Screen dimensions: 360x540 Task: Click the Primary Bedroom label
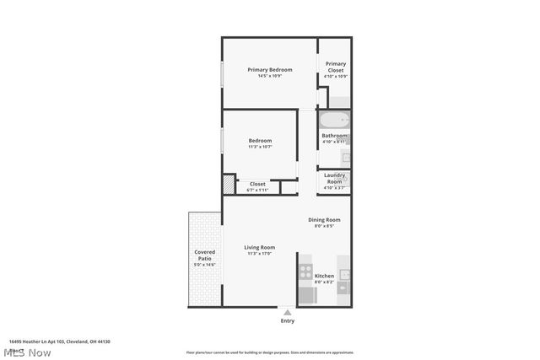click(270, 69)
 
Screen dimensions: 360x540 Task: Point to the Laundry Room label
click(335, 179)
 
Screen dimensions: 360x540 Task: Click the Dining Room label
click(324, 220)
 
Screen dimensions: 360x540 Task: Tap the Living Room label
click(260, 247)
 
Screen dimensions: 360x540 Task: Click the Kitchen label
click(324, 276)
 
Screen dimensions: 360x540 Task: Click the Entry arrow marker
click(288, 312)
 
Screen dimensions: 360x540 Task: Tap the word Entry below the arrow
click(288, 321)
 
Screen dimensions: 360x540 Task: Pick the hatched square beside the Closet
click(229, 183)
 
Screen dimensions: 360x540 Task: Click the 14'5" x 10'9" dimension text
click(270, 77)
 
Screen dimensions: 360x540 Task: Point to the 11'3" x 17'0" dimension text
click(260, 254)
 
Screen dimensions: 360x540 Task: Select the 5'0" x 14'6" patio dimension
click(205, 265)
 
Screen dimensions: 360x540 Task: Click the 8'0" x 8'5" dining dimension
click(324, 227)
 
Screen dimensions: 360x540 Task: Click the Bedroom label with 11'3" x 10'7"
click(260, 141)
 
